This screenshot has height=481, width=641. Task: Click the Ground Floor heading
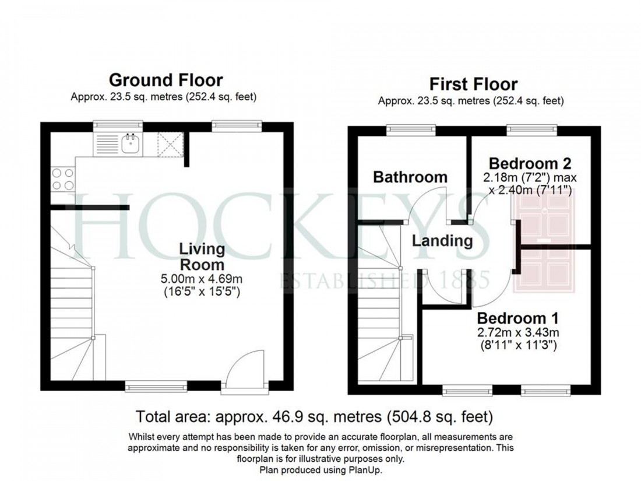(165, 80)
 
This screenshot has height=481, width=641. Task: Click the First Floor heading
(473, 84)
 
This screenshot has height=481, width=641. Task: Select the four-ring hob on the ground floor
(63, 179)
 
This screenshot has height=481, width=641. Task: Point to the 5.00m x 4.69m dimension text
(202, 279)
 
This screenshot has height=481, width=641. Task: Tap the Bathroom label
(410, 177)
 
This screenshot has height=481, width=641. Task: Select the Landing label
(442, 240)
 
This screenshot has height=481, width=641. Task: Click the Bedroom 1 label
(517, 318)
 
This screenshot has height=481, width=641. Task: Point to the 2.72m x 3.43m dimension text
(517, 333)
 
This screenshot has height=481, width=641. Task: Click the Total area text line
(314, 417)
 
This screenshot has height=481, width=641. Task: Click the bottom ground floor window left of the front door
(156, 385)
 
